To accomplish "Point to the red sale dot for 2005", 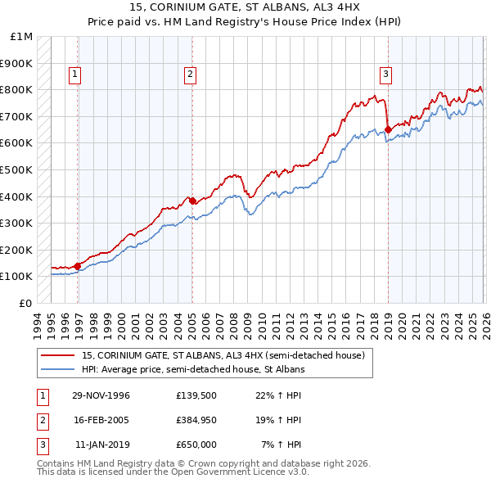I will pos(192,200).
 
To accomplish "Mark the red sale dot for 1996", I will pos(77,265).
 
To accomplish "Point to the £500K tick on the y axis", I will pos(17,169).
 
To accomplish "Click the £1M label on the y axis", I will pos(21,36).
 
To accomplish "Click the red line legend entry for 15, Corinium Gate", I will pos(227,355).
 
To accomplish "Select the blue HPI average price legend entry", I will pos(193,369).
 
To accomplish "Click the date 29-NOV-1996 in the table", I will pos(101,395).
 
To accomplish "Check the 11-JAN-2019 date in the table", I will pos(101,445).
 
